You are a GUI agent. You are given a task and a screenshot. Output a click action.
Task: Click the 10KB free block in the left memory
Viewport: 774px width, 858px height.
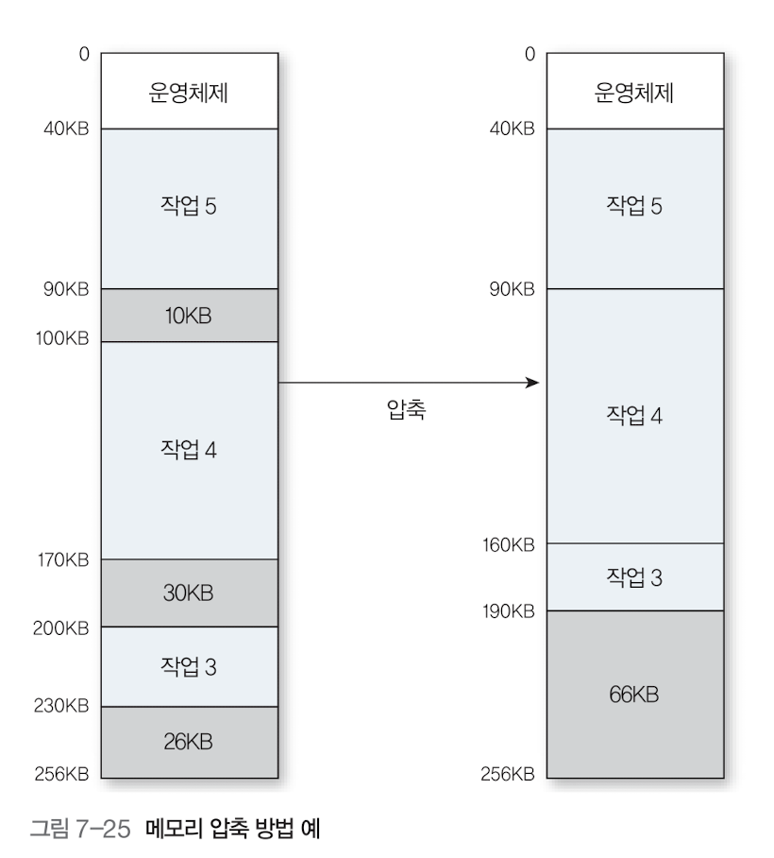click(189, 316)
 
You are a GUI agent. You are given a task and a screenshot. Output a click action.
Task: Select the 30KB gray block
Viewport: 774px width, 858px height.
click(189, 593)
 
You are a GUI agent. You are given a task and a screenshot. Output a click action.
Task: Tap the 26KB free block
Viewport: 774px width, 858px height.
click(189, 742)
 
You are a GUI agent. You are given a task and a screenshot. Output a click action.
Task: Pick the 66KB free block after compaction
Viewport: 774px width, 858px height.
click(634, 695)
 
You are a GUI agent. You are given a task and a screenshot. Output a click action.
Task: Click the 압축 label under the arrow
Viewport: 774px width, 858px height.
click(406, 413)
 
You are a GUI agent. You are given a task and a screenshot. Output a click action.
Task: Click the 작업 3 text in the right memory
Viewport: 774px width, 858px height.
click(634, 576)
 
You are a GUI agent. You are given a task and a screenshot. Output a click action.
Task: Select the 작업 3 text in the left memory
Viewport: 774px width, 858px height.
click(189, 666)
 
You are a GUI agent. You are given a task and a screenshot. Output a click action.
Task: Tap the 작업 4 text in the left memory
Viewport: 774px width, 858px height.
click(189, 450)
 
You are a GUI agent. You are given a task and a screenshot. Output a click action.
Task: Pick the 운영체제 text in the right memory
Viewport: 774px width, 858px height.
click(634, 94)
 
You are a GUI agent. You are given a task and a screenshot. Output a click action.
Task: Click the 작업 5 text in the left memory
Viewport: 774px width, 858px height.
click(189, 207)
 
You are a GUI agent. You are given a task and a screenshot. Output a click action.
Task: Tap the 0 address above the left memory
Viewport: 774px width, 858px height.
click(84, 54)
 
